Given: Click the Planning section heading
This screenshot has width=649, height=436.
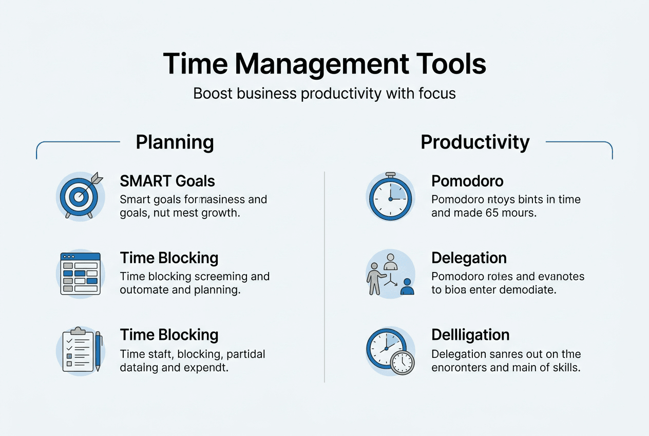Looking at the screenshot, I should click(x=175, y=142).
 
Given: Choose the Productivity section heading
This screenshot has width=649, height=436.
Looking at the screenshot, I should click(x=475, y=142).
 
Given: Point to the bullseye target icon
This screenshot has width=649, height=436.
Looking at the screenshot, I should click(x=78, y=196).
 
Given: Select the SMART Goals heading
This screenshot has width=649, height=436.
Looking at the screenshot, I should click(x=167, y=181).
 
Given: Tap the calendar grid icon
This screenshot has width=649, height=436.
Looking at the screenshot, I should click(x=80, y=274).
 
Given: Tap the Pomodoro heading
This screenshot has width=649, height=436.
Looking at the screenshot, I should click(x=467, y=181).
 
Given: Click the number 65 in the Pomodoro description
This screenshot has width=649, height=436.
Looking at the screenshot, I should click(x=492, y=213).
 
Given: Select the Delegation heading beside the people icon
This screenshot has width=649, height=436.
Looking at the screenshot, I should click(x=469, y=258).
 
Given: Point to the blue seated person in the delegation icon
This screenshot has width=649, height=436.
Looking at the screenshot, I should click(x=407, y=287).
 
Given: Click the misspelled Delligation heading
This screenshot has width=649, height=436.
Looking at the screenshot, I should click(x=470, y=335).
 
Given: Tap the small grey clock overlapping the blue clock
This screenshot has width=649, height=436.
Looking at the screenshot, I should click(x=402, y=362).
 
